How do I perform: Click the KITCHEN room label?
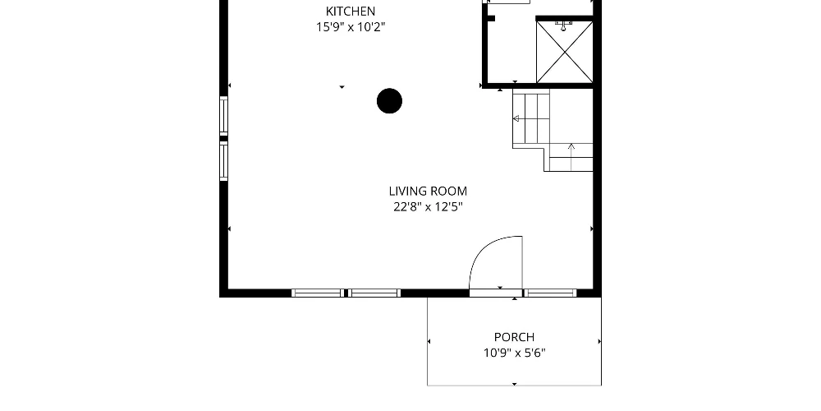coord(351,11)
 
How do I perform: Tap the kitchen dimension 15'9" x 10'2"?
coord(351,27)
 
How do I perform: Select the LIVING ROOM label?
coord(428,192)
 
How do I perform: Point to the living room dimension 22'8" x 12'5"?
coord(428,207)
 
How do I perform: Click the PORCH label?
coord(514,337)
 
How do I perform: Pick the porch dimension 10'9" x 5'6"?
coord(514,353)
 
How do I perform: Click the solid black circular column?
coord(389,100)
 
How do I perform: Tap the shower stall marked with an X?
coord(565,52)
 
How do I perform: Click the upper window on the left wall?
coord(223,114)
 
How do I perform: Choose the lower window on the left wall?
coord(223,161)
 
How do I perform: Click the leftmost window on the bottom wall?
coord(317,293)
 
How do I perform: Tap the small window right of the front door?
coord(550,293)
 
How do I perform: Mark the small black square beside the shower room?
coord(491,19)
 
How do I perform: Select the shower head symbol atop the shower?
coord(563,25)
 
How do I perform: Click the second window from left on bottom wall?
coord(374,293)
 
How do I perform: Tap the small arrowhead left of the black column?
coord(342,87)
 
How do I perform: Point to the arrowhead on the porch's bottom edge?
coord(514,384)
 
